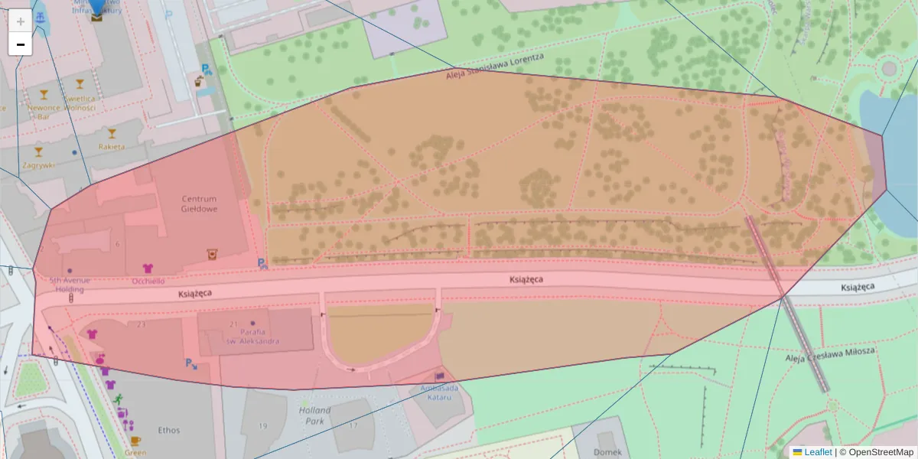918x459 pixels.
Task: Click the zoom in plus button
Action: (x=21, y=21)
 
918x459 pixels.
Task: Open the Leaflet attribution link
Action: (x=817, y=452)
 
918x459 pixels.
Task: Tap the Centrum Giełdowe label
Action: (x=199, y=203)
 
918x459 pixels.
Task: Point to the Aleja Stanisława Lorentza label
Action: (x=494, y=67)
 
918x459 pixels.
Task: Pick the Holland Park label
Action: (x=314, y=415)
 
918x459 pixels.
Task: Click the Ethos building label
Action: (x=168, y=430)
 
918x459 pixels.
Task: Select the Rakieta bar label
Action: (x=112, y=146)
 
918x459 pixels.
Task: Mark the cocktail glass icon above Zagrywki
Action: (x=39, y=151)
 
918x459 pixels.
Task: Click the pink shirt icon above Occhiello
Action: (x=148, y=269)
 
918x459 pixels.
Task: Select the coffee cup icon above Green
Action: (x=135, y=441)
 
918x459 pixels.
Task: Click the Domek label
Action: (x=607, y=451)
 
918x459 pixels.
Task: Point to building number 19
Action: (x=263, y=425)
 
